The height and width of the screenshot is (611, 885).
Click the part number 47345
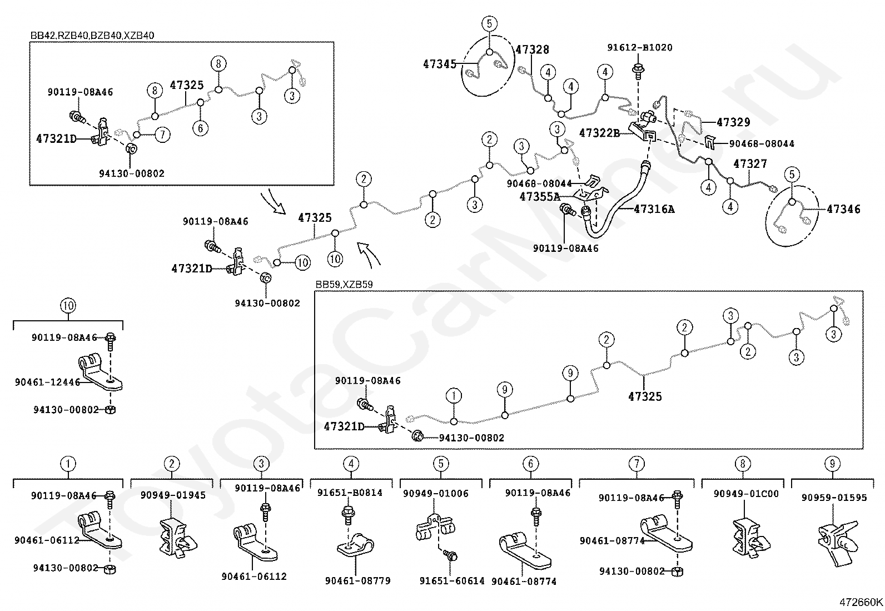(x=439, y=64)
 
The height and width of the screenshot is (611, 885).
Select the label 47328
(x=532, y=49)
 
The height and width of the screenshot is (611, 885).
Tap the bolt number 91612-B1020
(x=639, y=48)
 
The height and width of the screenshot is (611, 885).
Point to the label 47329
(x=733, y=122)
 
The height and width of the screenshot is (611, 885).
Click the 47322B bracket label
(x=599, y=133)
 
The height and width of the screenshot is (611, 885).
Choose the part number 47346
(x=843, y=209)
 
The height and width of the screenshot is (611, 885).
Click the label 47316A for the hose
(x=654, y=209)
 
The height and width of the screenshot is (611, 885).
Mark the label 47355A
(x=540, y=196)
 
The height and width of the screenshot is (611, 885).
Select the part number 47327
(x=750, y=164)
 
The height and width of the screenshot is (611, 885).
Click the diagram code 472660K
(x=861, y=602)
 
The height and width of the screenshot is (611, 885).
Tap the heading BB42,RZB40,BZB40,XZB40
(x=92, y=36)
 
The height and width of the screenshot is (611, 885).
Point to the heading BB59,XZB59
(x=344, y=285)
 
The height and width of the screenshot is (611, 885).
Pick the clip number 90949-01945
(x=172, y=495)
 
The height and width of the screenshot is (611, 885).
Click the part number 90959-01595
(x=834, y=498)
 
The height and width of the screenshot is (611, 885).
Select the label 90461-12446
(x=47, y=382)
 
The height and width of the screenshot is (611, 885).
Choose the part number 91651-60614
(x=452, y=580)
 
